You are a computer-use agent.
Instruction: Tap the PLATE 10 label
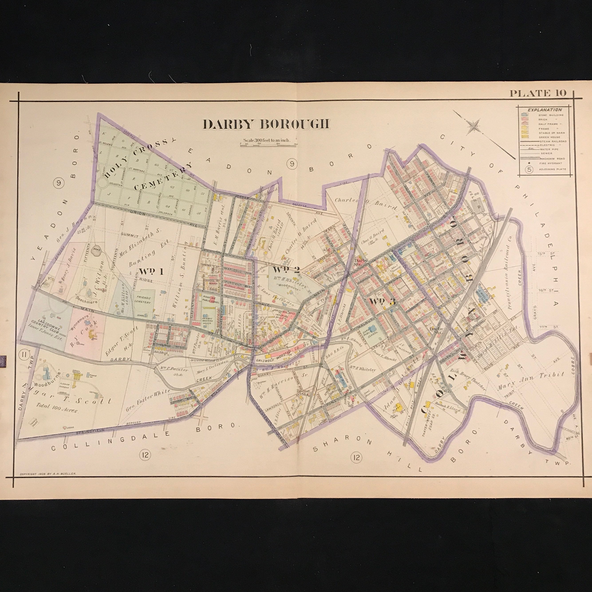pyautogui.click(x=538, y=93)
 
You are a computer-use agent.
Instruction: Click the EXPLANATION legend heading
pyautogui.click(x=544, y=110)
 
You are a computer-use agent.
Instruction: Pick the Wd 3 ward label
pyautogui.click(x=382, y=301)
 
